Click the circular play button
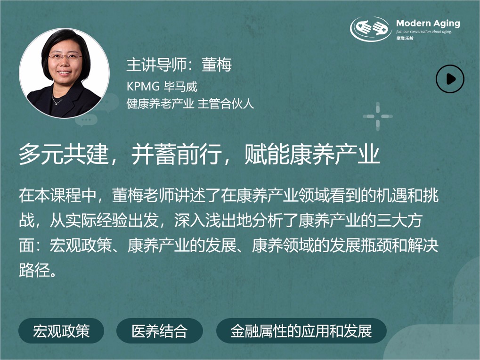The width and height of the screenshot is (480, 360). coord(450,79)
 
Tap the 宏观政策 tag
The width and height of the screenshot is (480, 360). coord(61,331)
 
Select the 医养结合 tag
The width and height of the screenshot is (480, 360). coord(160,331)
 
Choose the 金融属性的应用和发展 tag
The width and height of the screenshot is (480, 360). coord(301,331)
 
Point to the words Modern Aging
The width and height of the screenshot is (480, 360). coord(428,23)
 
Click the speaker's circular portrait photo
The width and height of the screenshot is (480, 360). coord(64,73)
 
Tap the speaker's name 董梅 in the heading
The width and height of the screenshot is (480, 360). coord(217,65)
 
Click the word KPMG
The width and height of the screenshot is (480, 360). coord(143,87)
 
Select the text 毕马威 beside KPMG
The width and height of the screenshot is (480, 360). coord(180,87)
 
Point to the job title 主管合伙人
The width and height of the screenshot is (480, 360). coord(226,104)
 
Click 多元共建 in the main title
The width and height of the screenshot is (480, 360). coord(64,154)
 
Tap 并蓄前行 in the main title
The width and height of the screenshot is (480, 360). coord(177,154)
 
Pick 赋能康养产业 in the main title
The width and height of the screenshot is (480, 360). coord(312,154)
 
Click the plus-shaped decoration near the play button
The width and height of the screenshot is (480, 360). coord(377,116)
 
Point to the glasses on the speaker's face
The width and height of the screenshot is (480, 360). coord(65,57)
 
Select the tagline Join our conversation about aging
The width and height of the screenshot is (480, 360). coord(423,32)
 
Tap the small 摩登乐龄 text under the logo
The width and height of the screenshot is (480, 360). coord(405,38)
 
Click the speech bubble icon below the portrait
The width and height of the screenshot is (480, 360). coord(86,120)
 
